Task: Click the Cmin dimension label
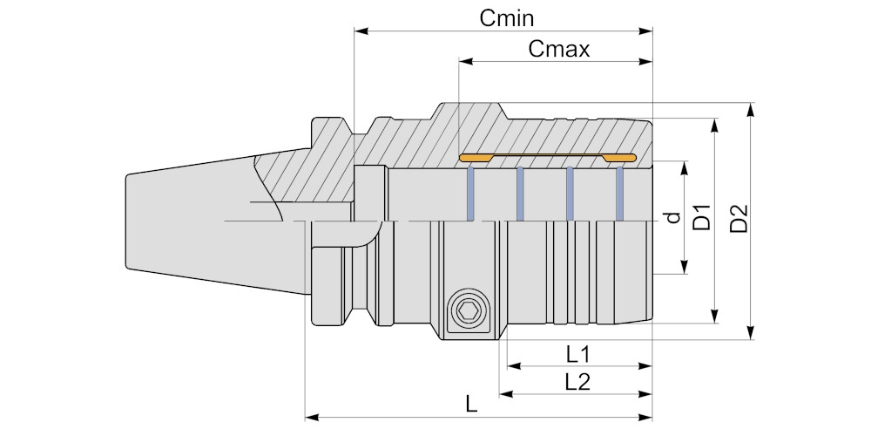click(x=507, y=17)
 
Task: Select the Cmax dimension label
click(x=559, y=49)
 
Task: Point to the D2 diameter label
click(x=739, y=218)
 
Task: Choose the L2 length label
click(x=577, y=381)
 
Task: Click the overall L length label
click(x=471, y=405)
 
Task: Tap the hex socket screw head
click(x=467, y=311)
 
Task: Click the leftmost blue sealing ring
click(x=470, y=194)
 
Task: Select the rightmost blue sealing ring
click(x=620, y=194)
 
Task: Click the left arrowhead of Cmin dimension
click(x=360, y=31)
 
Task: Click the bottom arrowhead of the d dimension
click(x=686, y=268)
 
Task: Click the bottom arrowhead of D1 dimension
click(x=716, y=317)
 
